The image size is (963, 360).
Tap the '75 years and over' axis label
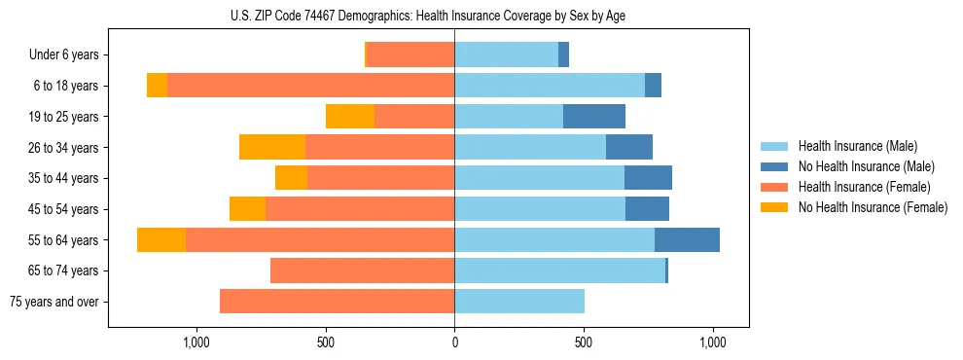coord(53,302)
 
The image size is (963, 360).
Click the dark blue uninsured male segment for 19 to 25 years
coord(594,117)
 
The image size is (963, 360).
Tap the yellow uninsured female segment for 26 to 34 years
coord(272,147)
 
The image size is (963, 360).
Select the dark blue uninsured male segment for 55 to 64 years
coord(687,240)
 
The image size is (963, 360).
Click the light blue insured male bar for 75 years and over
coord(519,302)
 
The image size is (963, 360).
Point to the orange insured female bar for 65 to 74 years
coord(362,270)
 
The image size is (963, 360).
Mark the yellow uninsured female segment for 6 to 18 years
coord(157,86)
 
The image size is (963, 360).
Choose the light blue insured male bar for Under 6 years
coord(506,54)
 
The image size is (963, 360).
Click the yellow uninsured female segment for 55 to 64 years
coord(161,240)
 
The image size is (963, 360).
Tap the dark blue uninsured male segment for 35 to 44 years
coord(648,178)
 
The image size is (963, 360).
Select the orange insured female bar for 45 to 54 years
coord(360,209)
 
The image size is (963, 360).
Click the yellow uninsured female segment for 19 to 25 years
coord(350,117)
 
